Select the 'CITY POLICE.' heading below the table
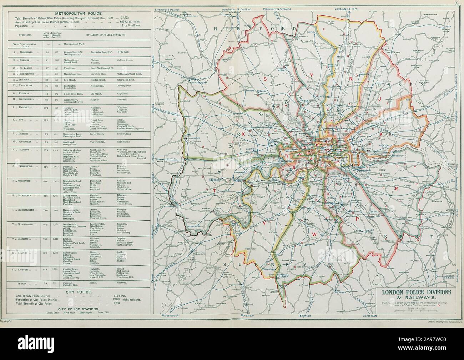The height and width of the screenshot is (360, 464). coord(76,292)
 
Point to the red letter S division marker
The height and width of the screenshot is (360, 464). coord(264,77)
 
